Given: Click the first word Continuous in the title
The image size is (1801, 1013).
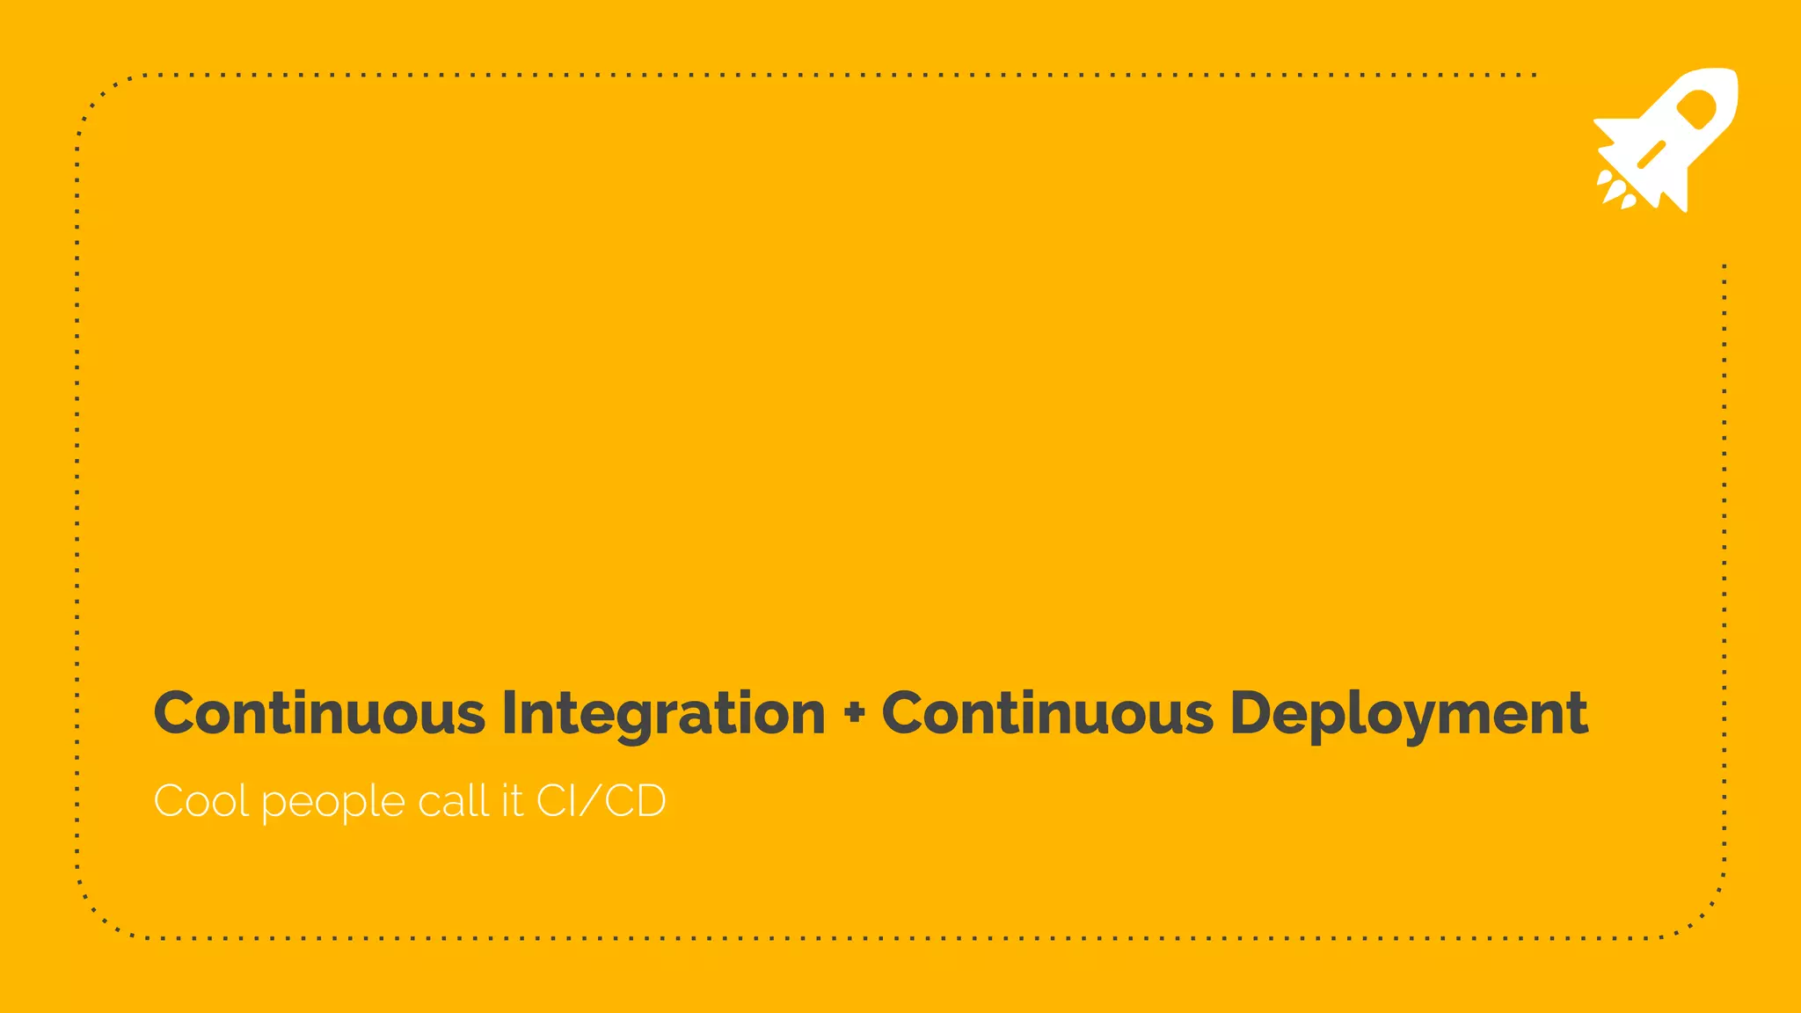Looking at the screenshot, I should pyautogui.click(x=319, y=712).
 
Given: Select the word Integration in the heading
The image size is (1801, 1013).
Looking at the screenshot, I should pyautogui.click(x=664, y=714).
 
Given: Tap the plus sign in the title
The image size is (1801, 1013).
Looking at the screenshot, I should pyautogui.click(x=853, y=714).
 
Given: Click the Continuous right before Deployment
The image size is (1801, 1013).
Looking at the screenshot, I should pyautogui.click(x=1047, y=712).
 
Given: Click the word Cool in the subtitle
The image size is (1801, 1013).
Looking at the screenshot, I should pyautogui.click(x=201, y=801).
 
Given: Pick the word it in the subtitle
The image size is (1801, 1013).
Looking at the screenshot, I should pyautogui.click(x=513, y=801).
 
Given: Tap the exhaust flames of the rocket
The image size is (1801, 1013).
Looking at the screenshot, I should pyautogui.click(x=1615, y=190).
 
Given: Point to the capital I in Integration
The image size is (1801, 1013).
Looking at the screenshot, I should pyautogui.click(x=509, y=712).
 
